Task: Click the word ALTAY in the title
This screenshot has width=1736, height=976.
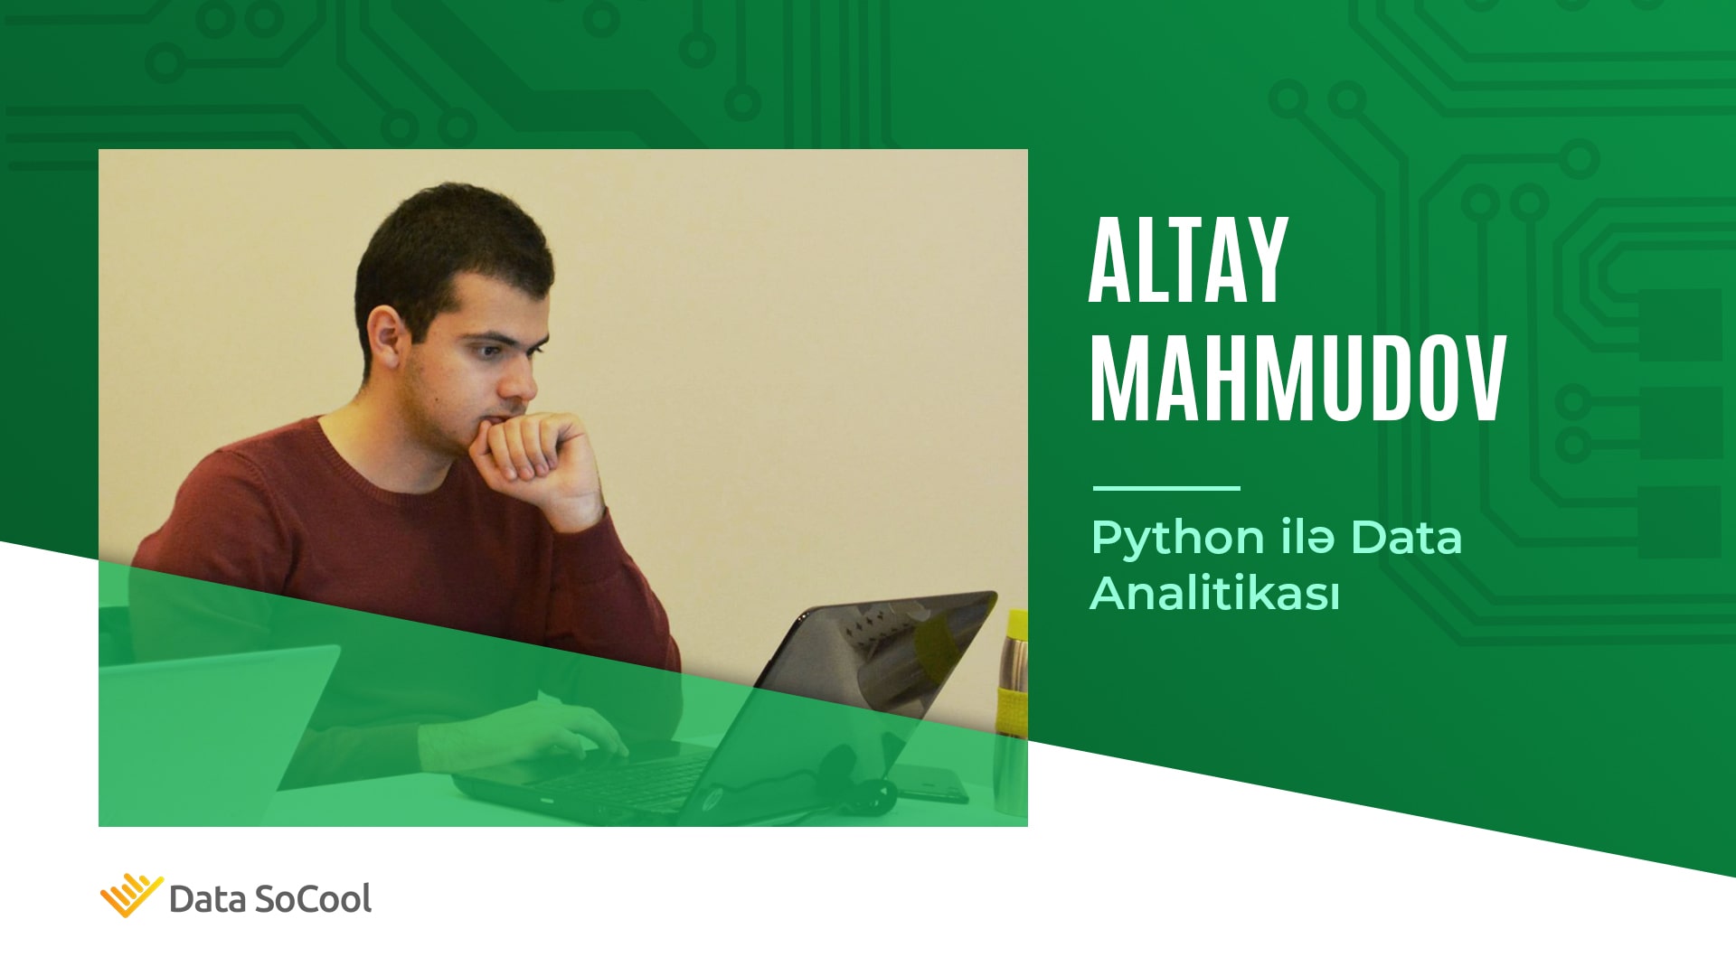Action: click(x=1188, y=261)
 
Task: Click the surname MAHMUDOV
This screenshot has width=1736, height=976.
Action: click(x=1298, y=379)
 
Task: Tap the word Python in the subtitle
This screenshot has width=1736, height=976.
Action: click(x=1178, y=540)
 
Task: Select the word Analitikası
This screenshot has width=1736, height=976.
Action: click(x=1214, y=594)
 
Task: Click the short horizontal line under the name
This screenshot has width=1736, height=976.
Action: click(x=1166, y=488)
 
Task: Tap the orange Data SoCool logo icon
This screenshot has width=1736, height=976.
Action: click(x=131, y=896)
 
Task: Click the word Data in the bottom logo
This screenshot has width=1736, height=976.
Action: click(x=207, y=900)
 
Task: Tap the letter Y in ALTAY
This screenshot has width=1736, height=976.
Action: click(x=1265, y=261)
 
